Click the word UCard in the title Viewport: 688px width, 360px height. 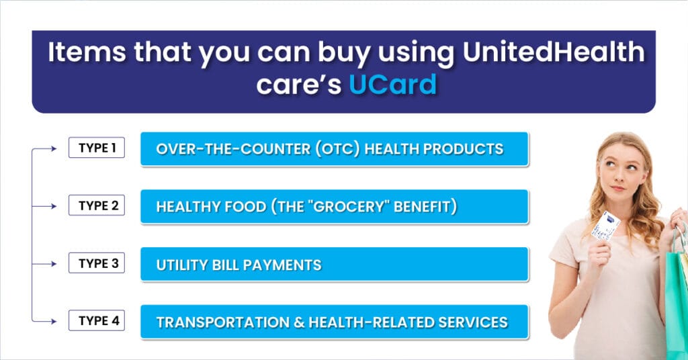pos(392,85)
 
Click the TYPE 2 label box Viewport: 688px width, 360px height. pos(97,206)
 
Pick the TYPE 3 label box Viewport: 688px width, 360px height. pos(97,263)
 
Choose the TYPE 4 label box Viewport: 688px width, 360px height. pos(97,321)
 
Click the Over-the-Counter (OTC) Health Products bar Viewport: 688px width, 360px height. pos(334,149)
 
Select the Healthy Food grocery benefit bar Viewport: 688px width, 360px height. pos(334,207)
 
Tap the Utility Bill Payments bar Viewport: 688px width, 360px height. pos(334,265)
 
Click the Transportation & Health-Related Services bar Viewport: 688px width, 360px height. pos(334,322)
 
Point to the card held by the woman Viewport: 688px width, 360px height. pos(605,225)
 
